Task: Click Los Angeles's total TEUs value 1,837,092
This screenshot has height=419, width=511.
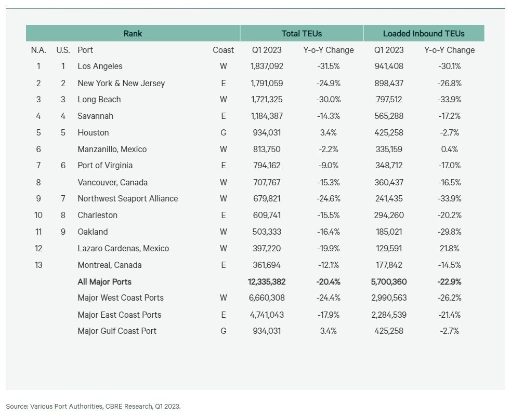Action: pyautogui.click(x=266, y=66)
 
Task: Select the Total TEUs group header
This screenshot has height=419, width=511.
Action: pyautogui.click(x=302, y=34)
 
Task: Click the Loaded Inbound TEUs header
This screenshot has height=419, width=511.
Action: pyautogui.click(x=424, y=34)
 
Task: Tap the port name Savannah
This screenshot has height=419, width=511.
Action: pyautogui.click(x=95, y=116)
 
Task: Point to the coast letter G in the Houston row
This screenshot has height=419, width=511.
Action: pyautogui.click(x=224, y=132)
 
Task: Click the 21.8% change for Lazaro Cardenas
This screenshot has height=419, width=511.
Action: pyautogui.click(x=449, y=248)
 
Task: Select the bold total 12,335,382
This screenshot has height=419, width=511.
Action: pyautogui.click(x=267, y=282)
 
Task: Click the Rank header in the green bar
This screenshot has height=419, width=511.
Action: pyautogui.click(x=133, y=34)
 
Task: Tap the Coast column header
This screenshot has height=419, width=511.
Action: pyautogui.click(x=224, y=50)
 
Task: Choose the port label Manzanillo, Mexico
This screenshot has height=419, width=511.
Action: pyautogui.click(x=112, y=149)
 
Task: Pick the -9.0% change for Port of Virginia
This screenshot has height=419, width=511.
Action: pyautogui.click(x=328, y=166)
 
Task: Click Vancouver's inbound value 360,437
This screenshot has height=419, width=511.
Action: pyautogui.click(x=389, y=182)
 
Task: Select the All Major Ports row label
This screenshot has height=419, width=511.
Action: pyautogui.click(x=104, y=282)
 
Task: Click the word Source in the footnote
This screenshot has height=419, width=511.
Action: pyautogui.click(x=17, y=406)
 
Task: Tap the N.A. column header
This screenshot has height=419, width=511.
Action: pyautogui.click(x=38, y=50)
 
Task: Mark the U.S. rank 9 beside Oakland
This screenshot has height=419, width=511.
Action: pyautogui.click(x=63, y=232)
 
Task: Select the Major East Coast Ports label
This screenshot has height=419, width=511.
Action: pyautogui.click(x=119, y=315)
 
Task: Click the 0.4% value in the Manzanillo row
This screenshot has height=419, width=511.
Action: pyautogui.click(x=449, y=149)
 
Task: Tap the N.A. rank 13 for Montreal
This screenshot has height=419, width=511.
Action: pyautogui.click(x=38, y=265)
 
